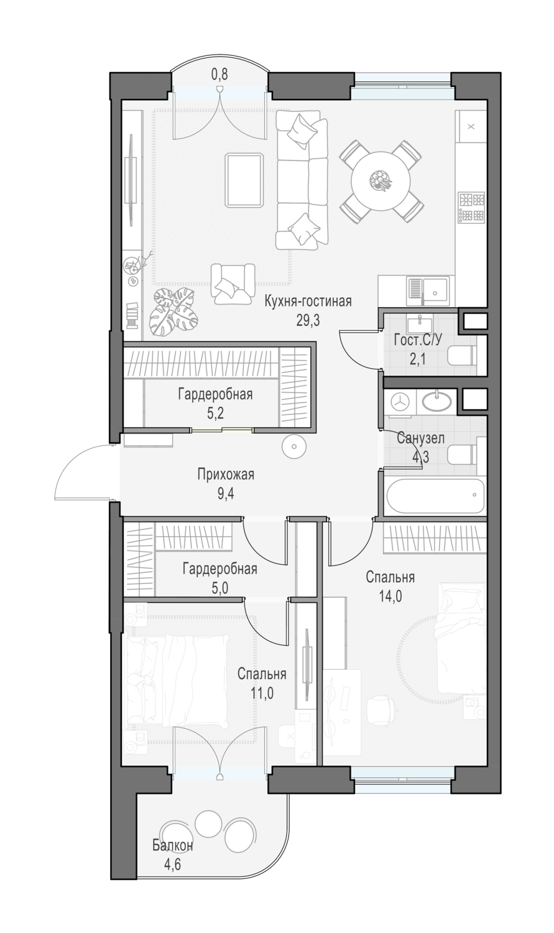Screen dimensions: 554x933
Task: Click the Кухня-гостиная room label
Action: click(x=308, y=301)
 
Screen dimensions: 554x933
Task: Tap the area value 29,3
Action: click(x=308, y=320)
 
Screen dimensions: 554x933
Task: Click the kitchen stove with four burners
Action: click(x=471, y=207)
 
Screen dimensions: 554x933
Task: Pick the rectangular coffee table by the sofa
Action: click(x=244, y=180)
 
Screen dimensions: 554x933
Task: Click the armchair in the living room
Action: click(x=233, y=283)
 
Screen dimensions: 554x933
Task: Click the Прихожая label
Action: click(x=226, y=475)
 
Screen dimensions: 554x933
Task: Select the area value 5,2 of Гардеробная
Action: click(x=215, y=414)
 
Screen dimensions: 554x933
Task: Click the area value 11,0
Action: click(x=261, y=694)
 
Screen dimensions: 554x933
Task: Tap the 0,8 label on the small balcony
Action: click(x=219, y=75)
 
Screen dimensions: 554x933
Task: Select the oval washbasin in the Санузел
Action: click(x=436, y=401)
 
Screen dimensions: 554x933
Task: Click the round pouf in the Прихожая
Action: click(x=294, y=447)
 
